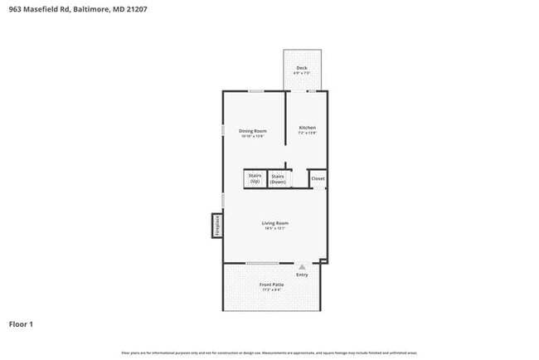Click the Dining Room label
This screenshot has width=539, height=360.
click(x=253, y=130)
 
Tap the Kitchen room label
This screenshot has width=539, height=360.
click(x=308, y=128)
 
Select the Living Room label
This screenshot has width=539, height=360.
click(x=275, y=222)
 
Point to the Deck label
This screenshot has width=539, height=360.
click(x=302, y=68)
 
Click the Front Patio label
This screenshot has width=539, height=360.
click(x=271, y=285)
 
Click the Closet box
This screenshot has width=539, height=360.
click(x=318, y=178)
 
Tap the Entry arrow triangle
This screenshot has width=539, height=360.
click(x=303, y=267)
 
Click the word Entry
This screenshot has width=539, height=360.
click(x=302, y=275)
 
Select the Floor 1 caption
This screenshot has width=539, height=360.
click(x=22, y=324)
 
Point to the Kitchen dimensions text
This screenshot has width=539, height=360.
click(x=308, y=133)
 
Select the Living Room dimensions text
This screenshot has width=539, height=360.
click(x=275, y=228)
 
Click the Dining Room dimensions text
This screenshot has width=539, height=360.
click(x=253, y=136)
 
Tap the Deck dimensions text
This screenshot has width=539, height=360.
click(x=302, y=73)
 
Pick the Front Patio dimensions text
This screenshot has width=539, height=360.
click(x=271, y=289)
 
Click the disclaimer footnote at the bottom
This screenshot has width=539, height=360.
click(x=269, y=353)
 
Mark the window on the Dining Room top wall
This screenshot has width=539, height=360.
click(x=256, y=90)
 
